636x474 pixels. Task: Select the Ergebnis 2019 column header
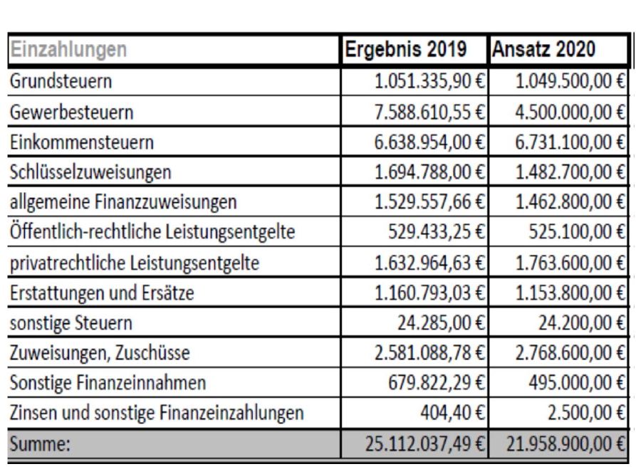(406, 49)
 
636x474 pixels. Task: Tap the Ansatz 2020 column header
(543, 49)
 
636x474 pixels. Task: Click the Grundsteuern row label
(61, 81)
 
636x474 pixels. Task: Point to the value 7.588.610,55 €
(429, 112)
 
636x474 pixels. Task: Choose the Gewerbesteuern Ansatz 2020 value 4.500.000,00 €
(570, 112)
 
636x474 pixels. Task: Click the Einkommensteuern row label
(82, 142)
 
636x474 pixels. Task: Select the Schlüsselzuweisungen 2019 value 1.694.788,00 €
(429, 172)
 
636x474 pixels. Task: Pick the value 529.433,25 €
(437, 231)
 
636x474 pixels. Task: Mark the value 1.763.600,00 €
(570, 263)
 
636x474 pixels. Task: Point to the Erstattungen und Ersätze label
(102, 293)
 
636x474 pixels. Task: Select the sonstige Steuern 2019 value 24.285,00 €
(442, 322)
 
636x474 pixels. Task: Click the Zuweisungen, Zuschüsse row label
(100, 353)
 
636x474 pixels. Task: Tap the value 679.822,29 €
(437, 382)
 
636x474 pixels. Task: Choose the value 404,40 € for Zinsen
(453, 413)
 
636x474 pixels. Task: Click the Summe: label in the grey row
(40, 443)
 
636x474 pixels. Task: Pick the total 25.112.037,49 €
(425, 443)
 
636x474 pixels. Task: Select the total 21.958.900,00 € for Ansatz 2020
(565, 443)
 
